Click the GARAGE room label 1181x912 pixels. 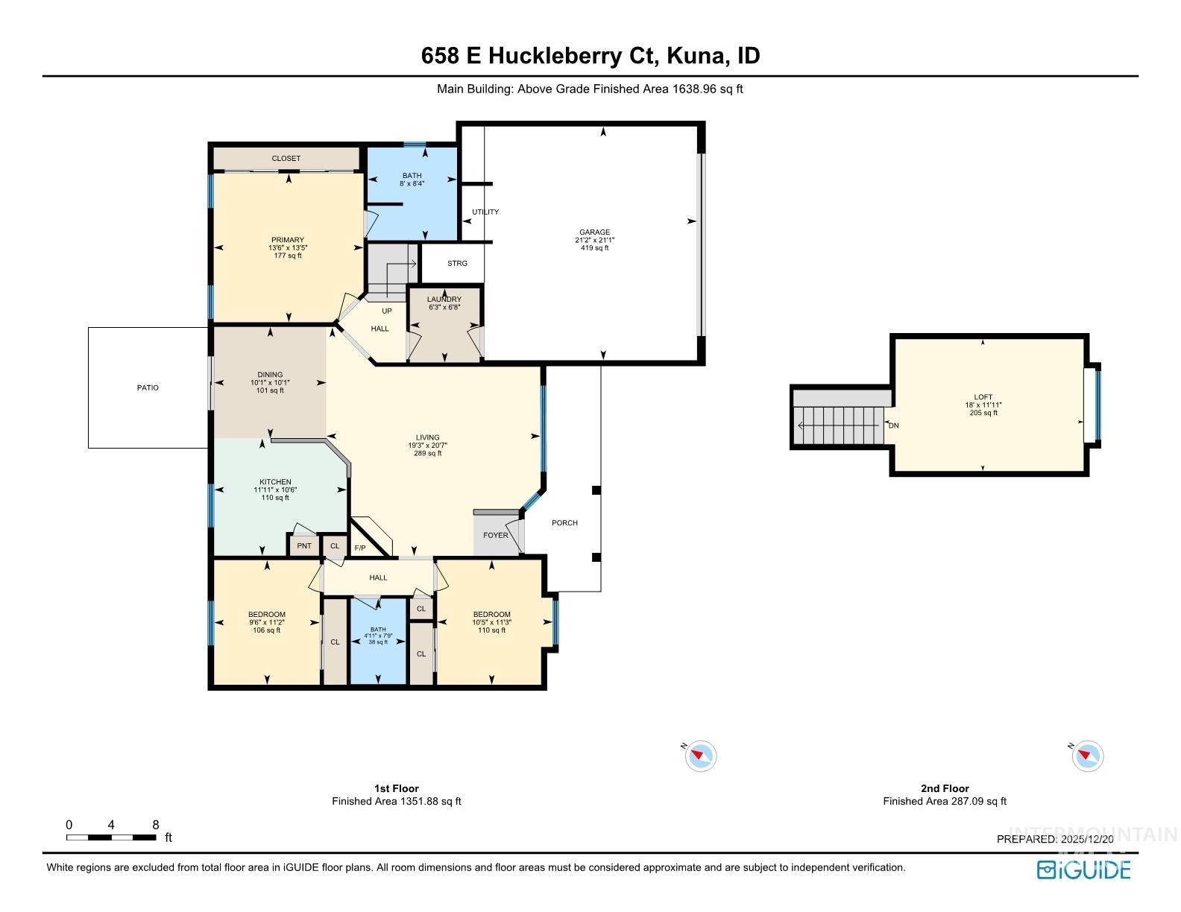pyautogui.click(x=594, y=232)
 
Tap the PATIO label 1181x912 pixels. pyautogui.click(x=148, y=387)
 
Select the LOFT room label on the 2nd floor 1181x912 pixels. pyautogui.click(x=983, y=397)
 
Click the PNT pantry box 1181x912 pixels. pyautogui.click(x=303, y=546)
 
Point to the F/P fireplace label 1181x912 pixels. pyautogui.click(x=359, y=548)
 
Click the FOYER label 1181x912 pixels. pyautogui.click(x=495, y=535)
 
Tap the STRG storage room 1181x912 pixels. pyautogui.click(x=457, y=263)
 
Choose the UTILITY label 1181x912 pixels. pyautogui.click(x=485, y=212)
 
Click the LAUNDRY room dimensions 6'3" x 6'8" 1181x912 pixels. pyautogui.click(x=444, y=307)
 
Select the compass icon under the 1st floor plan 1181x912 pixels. pyautogui.click(x=700, y=756)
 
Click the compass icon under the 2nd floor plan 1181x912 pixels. pyautogui.click(x=1087, y=756)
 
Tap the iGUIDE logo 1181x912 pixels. pyautogui.click(x=1083, y=870)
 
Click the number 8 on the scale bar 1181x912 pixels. pyautogui.click(x=155, y=825)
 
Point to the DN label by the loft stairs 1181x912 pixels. pyautogui.click(x=893, y=426)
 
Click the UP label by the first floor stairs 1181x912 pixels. pyautogui.click(x=386, y=311)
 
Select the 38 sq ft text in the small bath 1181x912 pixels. pyautogui.click(x=378, y=642)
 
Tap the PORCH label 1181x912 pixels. pyautogui.click(x=564, y=523)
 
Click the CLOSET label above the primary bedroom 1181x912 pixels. pyautogui.click(x=286, y=159)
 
